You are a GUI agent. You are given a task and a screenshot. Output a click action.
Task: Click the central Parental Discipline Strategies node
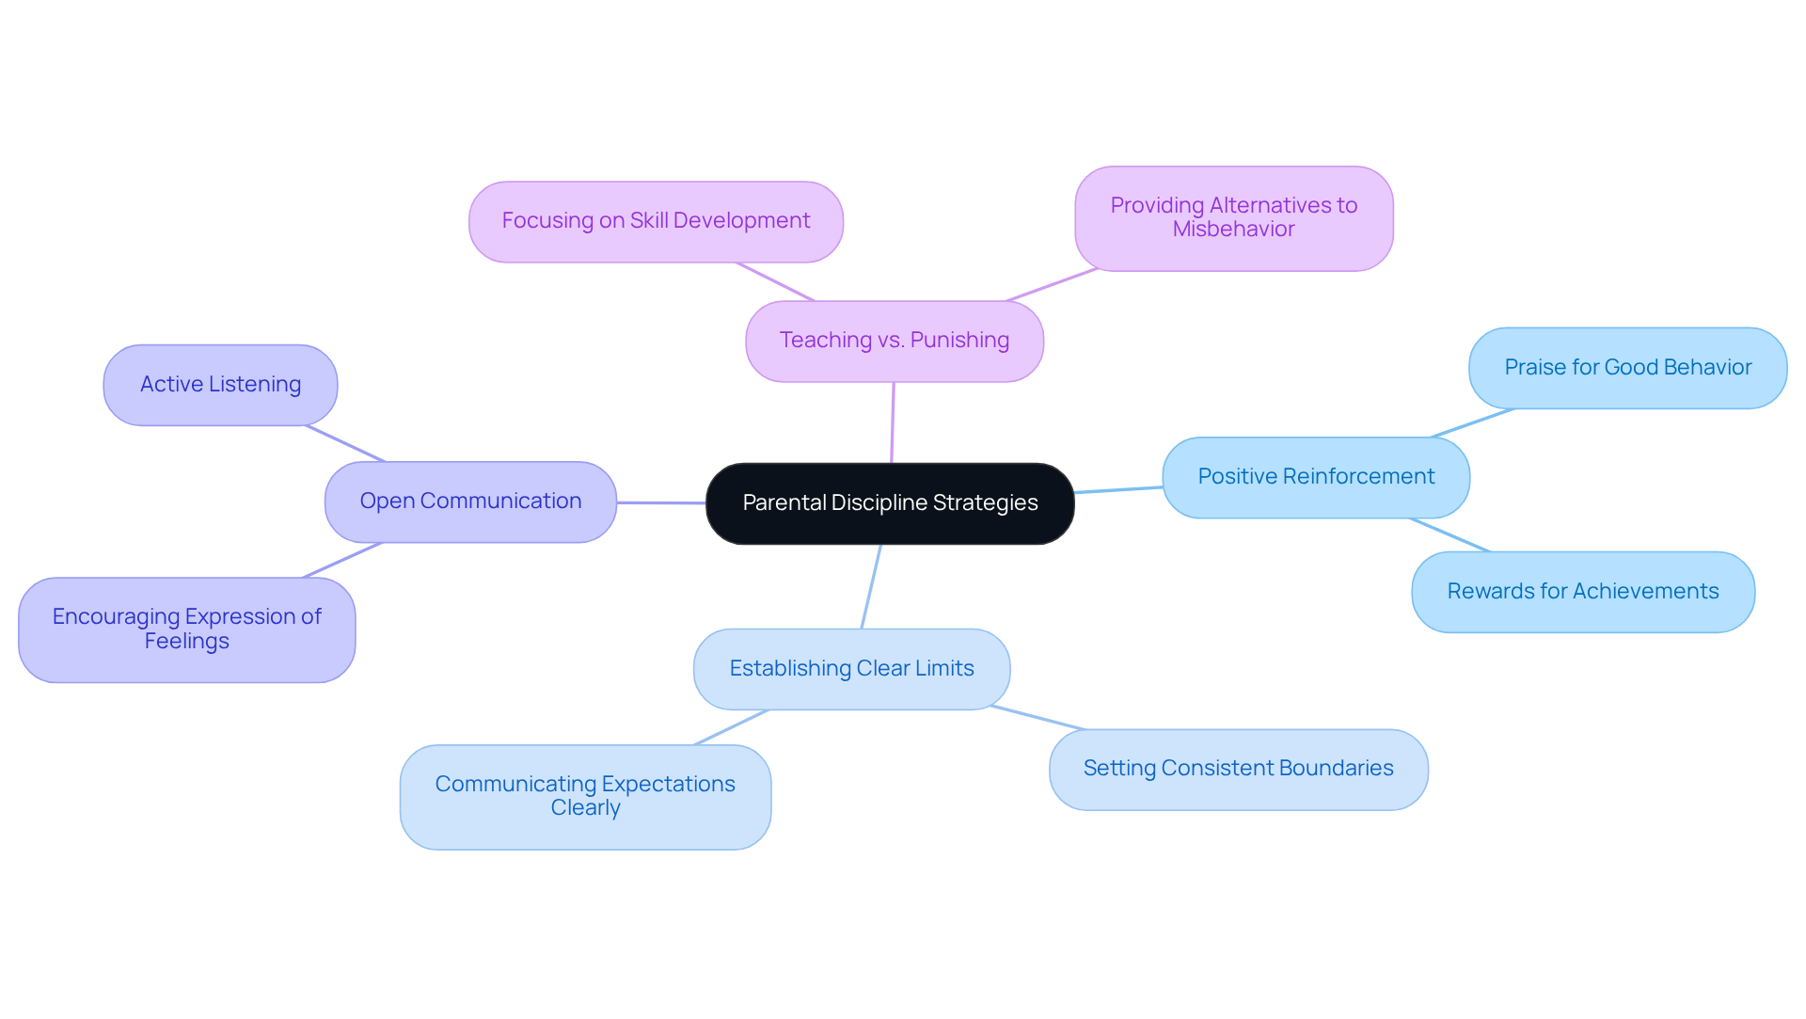click(890, 503)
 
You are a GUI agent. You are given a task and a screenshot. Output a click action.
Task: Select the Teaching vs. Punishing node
click(894, 341)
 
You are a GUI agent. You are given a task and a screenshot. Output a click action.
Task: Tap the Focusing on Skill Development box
click(656, 221)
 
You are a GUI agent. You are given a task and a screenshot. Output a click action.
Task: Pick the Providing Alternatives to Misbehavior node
click(1233, 218)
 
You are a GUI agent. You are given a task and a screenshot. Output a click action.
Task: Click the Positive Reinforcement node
click(1315, 477)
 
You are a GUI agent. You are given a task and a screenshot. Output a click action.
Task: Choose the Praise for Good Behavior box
click(1627, 368)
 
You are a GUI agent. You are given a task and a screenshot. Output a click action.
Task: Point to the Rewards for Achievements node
click(1582, 592)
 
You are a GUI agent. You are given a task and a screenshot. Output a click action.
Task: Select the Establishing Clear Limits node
click(851, 669)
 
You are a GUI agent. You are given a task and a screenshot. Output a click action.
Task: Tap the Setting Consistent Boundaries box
click(1238, 769)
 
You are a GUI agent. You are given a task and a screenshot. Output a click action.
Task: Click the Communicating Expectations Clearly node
click(585, 797)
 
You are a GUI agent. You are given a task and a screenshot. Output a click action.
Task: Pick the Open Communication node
click(470, 502)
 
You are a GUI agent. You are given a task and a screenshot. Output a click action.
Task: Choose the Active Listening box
click(220, 385)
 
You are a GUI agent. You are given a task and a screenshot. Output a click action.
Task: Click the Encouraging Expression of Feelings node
click(186, 629)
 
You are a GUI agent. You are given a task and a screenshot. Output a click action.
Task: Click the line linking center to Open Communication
click(660, 503)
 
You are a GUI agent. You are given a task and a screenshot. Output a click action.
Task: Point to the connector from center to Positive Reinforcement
click(1118, 489)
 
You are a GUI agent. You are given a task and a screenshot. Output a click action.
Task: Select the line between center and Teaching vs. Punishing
click(893, 422)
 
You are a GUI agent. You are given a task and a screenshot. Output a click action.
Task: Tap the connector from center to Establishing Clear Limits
click(871, 587)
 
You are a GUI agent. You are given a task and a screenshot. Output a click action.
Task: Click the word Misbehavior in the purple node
click(1233, 230)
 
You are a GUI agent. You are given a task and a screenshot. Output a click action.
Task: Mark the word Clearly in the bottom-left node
click(585, 808)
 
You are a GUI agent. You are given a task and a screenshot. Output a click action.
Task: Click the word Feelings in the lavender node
click(186, 642)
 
